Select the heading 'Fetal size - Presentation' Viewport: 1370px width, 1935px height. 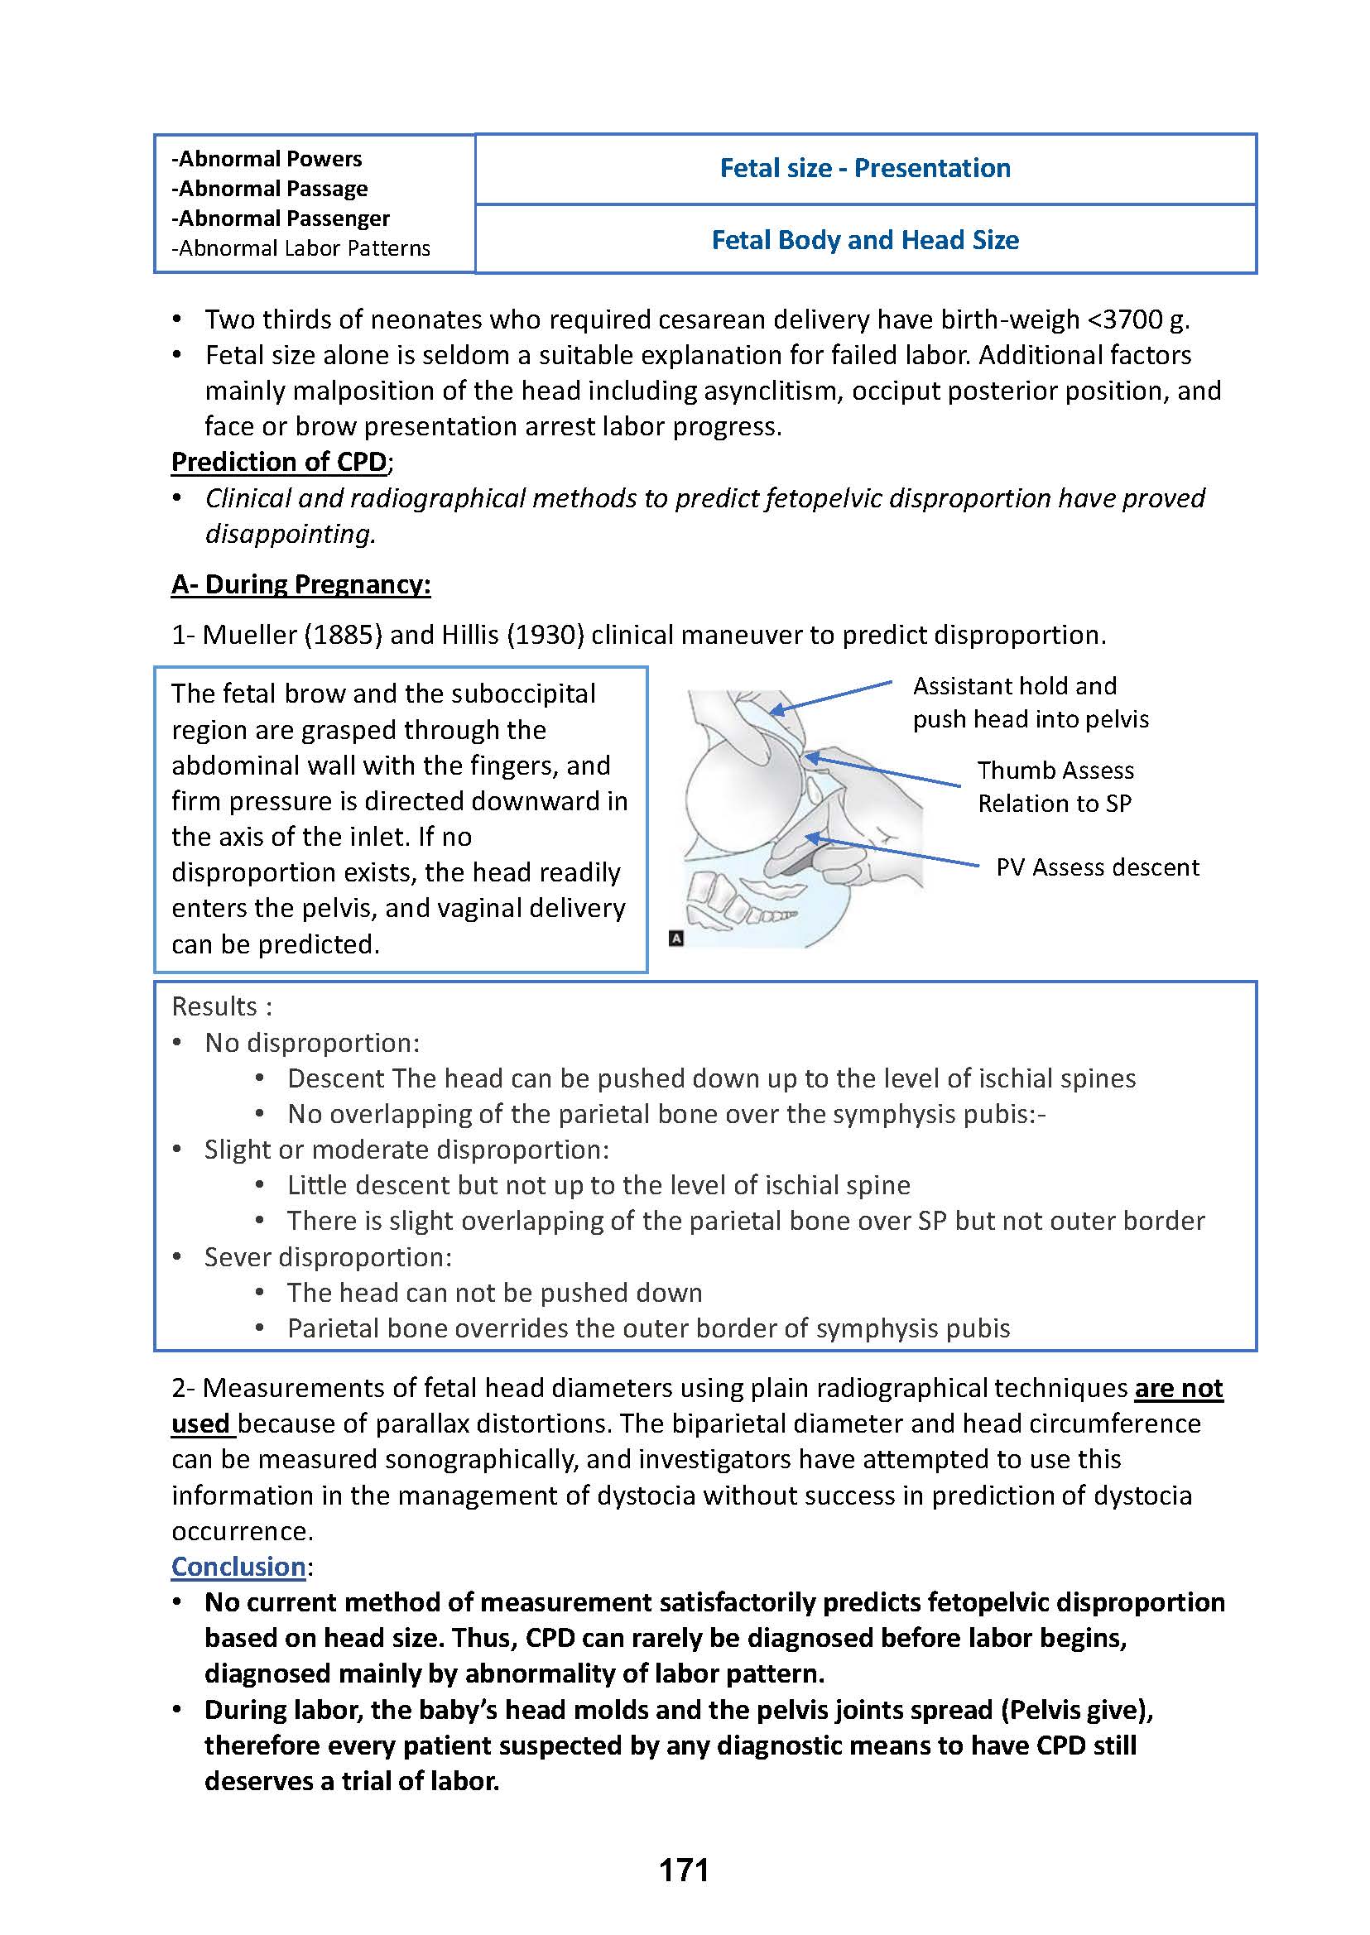click(x=865, y=168)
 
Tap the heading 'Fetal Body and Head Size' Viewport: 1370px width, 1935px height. click(x=865, y=239)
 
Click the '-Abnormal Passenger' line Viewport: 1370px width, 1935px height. click(x=280, y=218)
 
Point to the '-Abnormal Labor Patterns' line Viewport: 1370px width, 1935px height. click(x=300, y=248)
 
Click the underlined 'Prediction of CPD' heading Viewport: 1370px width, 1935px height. click(x=278, y=461)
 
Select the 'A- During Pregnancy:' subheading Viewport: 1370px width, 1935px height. click(x=300, y=584)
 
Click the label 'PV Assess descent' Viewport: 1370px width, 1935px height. click(x=1097, y=867)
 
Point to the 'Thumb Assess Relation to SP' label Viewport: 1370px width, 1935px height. click(x=1055, y=787)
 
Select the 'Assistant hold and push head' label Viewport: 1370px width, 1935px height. click(x=1030, y=702)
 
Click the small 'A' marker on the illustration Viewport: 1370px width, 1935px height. click(x=675, y=938)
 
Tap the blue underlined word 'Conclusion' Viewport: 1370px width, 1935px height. click(x=238, y=1567)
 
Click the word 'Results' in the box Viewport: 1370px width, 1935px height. click(x=214, y=1006)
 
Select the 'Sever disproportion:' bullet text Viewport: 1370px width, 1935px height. click(x=327, y=1257)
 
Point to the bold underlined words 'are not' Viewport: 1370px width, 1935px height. click(x=1178, y=1388)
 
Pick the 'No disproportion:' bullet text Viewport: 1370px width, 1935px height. click(x=311, y=1043)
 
